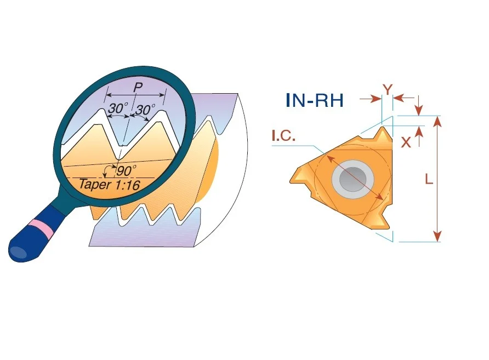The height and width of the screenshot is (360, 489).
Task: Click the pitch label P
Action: [138, 88]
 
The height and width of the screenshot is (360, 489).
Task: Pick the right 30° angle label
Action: [145, 110]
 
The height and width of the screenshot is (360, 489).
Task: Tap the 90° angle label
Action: [126, 170]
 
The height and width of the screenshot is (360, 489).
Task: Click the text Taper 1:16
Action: [110, 185]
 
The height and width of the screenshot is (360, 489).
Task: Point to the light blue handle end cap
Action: [18, 252]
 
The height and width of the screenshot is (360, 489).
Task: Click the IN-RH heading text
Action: [314, 100]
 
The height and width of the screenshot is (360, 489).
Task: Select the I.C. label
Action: [283, 136]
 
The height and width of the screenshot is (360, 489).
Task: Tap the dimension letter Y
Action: [388, 90]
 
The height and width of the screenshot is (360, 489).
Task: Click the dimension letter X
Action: [406, 142]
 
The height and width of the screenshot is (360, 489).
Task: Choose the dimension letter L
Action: [429, 179]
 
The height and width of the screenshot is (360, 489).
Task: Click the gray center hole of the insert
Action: [352, 179]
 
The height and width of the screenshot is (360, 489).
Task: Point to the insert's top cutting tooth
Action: [383, 134]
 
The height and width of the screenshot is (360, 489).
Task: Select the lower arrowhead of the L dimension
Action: [437, 236]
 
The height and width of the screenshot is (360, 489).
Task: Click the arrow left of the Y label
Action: [371, 99]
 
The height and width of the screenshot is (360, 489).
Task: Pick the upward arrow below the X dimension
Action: [419, 136]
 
